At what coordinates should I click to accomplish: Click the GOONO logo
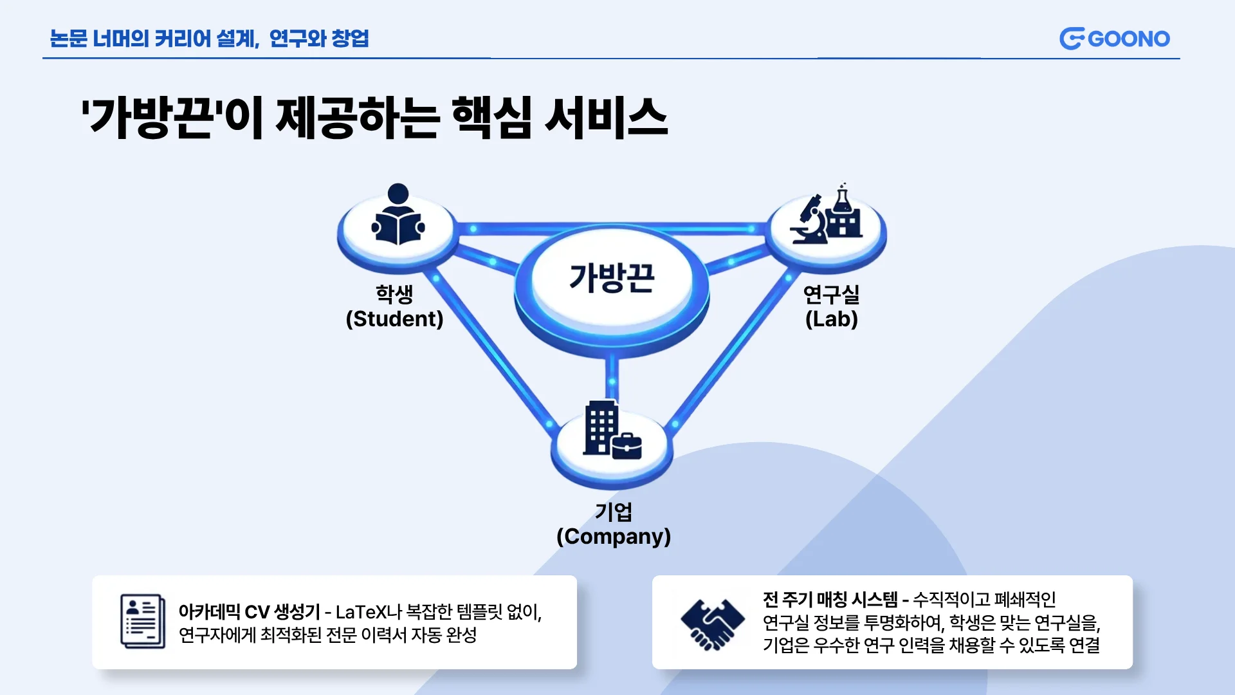pyautogui.click(x=1114, y=39)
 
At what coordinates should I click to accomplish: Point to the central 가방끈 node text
pyautogui.click(x=612, y=278)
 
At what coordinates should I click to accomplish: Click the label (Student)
pyautogui.click(x=394, y=319)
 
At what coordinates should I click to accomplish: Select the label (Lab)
pyautogui.click(x=831, y=319)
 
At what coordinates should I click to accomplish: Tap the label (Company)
pyautogui.click(x=613, y=537)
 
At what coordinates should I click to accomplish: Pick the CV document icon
pyautogui.click(x=143, y=621)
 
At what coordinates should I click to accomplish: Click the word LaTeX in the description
pyautogui.click(x=361, y=612)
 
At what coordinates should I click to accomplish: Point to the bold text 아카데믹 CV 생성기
pyautogui.click(x=249, y=612)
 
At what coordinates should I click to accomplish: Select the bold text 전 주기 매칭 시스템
pyautogui.click(x=830, y=600)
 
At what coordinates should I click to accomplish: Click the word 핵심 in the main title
pyautogui.click(x=491, y=118)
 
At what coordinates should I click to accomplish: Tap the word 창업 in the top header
pyautogui.click(x=350, y=39)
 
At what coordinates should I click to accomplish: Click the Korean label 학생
pyautogui.click(x=394, y=294)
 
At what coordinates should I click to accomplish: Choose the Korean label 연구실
pyautogui.click(x=831, y=294)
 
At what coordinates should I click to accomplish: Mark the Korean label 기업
pyautogui.click(x=613, y=512)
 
